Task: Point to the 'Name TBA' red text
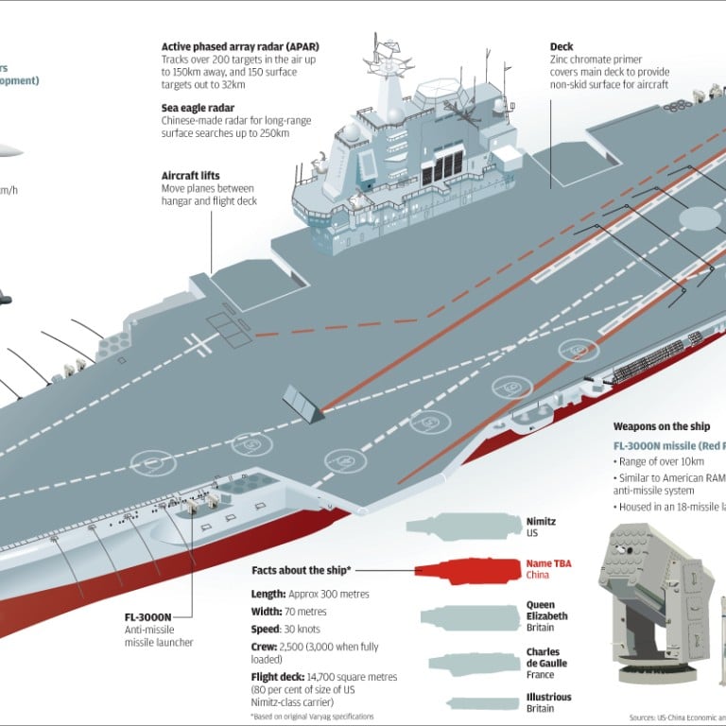(x=548, y=563)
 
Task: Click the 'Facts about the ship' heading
(x=300, y=571)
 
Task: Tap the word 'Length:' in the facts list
(x=269, y=594)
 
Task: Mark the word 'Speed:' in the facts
(x=268, y=630)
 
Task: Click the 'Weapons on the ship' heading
(x=662, y=426)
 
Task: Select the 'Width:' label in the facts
(x=268, y=612)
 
